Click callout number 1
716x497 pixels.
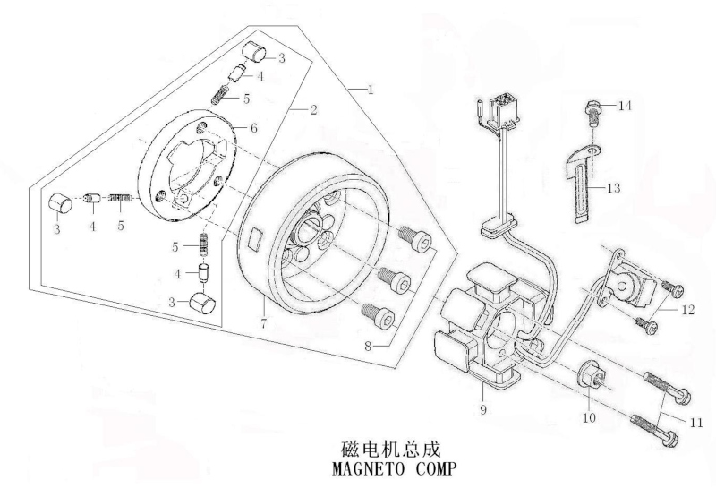(371, 90)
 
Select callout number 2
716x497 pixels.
(313, 109)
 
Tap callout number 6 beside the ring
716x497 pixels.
(254, 128)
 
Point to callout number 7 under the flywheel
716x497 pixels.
(263, 323)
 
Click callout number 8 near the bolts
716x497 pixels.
(369, 346)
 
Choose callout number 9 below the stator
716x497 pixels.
(483, 410)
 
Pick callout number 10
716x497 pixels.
(590, 417)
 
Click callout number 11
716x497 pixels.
(696, 423)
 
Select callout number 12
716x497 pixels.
(687, 310)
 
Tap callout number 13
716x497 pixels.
(614, 188)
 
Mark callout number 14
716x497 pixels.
(625, 106)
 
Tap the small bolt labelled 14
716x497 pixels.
(592, 116)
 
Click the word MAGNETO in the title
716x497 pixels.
(368, 469)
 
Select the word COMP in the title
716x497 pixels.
(436, 469)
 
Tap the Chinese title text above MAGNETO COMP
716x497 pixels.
(391, 450)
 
